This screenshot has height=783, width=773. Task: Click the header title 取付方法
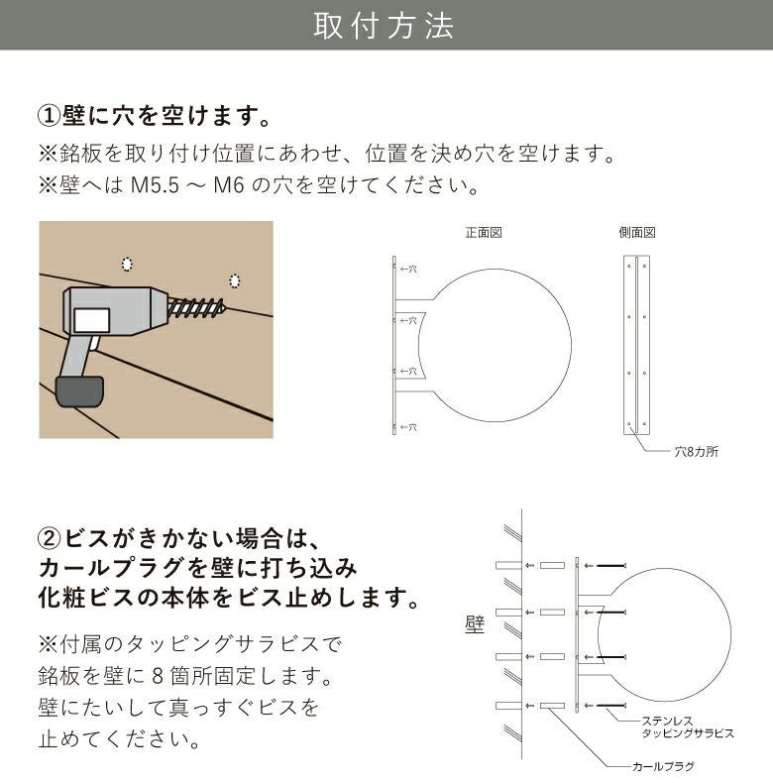tap(385, 26)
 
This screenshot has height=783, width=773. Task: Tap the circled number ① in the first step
tap(50, 115)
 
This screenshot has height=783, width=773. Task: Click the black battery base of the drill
tap(80, 390)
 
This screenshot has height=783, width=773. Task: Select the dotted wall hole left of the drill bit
tap(126, 264)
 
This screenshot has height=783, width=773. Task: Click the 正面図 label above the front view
tap(485, 233)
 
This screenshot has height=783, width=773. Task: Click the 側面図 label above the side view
tap(636, 233)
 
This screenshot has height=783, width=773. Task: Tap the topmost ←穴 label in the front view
tap(407, 268)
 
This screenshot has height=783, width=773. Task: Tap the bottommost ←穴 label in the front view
tap(407, 427)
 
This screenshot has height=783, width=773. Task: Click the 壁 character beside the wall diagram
tap(474, 624)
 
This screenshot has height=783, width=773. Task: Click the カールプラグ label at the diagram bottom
tap(663, 766)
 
